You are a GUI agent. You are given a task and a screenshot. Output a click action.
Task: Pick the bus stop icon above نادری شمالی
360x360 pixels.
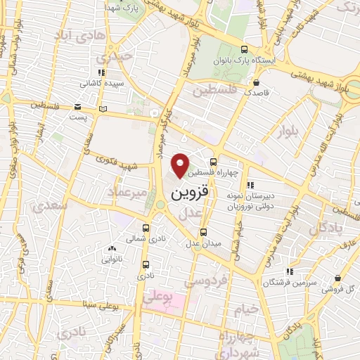pyautogui.click(x=146, y=228)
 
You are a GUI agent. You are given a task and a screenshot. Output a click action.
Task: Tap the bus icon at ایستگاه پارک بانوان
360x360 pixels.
pyautogui.click(x=244, y=49)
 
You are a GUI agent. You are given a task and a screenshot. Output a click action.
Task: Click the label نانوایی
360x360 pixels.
pyautogui.click(x=112, y=259)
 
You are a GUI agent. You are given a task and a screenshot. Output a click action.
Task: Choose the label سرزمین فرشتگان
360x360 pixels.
pyautogui.click(x=284, y=282)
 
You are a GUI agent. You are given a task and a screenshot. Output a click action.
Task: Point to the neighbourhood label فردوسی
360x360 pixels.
pyautogui.click(x=205, y=281)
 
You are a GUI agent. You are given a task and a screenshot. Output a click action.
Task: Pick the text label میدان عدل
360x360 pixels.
pyautogui.click(x=203, y=243)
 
